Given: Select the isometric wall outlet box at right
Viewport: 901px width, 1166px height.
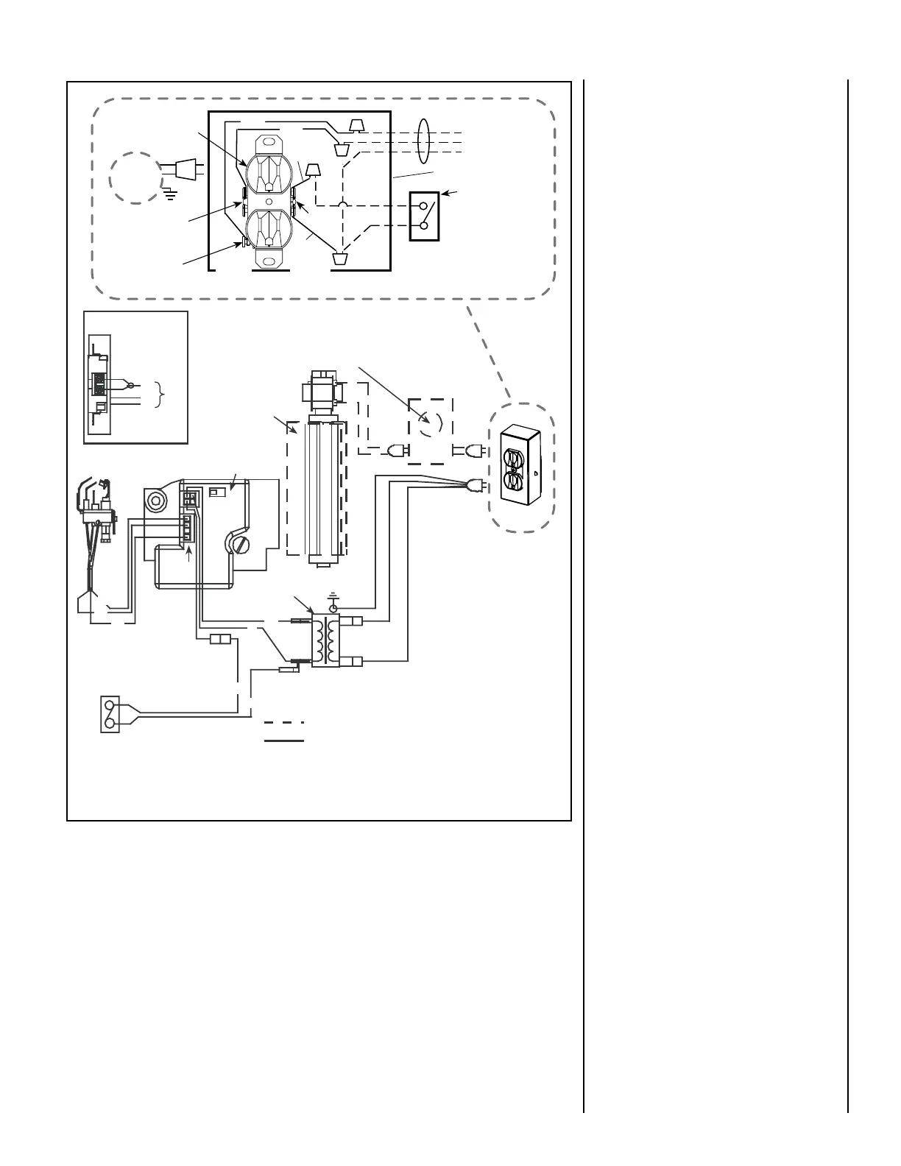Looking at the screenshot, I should point(521,467).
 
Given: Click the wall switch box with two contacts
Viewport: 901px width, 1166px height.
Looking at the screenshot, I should point(424,216).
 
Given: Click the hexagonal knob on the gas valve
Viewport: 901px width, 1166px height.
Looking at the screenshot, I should point(155,502).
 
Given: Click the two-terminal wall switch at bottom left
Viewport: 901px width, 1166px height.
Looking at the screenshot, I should point(110,714).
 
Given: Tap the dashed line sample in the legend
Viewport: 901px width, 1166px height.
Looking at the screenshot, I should point(284,722).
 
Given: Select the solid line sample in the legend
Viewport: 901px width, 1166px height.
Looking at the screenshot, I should point(284,740).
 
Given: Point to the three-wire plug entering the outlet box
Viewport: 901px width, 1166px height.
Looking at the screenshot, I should point(476,484).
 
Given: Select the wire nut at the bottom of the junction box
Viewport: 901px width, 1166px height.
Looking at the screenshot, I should point(341,259).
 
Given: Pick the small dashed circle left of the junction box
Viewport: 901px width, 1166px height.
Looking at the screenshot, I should point(136,178).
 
